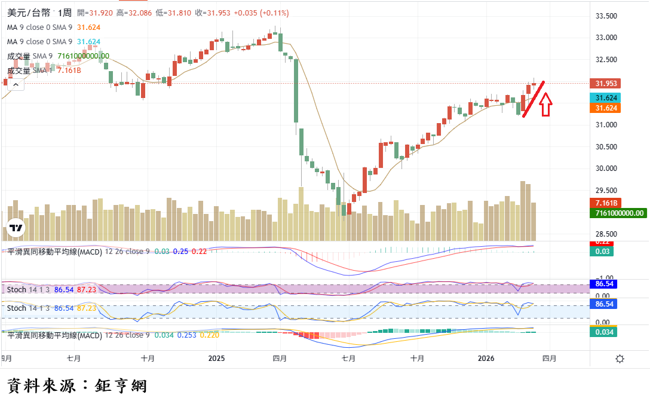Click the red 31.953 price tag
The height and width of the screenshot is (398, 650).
click(x=604, y=84)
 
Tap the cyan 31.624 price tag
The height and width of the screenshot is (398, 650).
click(x=604, y=98)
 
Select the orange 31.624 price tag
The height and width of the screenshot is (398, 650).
click(x=604, y=108)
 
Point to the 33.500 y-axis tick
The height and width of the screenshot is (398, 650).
click(x=606, y=16)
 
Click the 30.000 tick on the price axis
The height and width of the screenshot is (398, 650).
click(x=606, y=169)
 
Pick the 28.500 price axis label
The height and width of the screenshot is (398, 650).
click(x=606, y=234)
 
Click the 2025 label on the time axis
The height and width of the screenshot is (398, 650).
click(x=216, y=359)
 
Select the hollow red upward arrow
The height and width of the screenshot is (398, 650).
click(x=545, y=103)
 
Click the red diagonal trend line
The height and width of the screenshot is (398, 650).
click(x=533, y=99)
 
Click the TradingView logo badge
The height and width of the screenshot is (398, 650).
click(x=16, y=228)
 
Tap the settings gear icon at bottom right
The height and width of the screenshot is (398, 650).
click(x=620, y=359)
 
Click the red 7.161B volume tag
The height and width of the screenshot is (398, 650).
click(x=604, y=203)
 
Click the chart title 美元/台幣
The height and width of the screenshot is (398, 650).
click(x=28, y=13)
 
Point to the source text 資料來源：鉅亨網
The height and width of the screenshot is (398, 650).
click(x=76, y=385)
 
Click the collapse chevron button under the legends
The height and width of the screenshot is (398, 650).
click(x=16, y=84)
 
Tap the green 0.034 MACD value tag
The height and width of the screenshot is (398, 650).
click(x=604, y=332)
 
